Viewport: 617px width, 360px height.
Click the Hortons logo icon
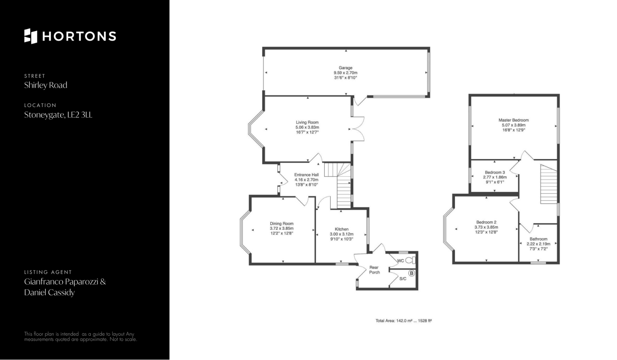click(x=31, y=36)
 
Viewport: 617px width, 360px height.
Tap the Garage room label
click(x=345, y=68)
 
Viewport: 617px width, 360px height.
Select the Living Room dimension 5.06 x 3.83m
click(x=307, y=127)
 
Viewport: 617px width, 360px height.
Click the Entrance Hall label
click(x=307, y=175)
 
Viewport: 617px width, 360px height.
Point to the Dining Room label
click(x=282, y=224)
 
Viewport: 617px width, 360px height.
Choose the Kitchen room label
click(x=342, y=229)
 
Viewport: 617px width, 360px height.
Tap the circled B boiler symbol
click(x=412, y=273)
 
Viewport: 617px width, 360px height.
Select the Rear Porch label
click(x=374, y=270)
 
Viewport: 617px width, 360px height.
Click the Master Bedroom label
click(x=514, y=120)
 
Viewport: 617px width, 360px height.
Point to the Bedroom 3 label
click(x=495, y=172)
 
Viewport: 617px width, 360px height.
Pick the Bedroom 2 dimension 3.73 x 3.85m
click(x=486, y=227)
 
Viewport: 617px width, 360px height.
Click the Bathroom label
click(x=538, y=239)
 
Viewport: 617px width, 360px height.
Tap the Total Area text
click(x=404, y=320)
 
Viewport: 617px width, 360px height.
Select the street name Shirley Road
click(x=46, y=85)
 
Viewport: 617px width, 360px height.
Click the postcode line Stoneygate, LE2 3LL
click(x=58, y=115)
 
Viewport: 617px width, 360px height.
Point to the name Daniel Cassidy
click(x=49, y=292)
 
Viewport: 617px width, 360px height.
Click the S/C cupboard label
click(x=403, y=279)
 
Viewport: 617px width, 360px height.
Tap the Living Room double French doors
click(x=358, y=129)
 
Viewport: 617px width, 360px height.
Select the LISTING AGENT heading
click(x=48, y=272)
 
